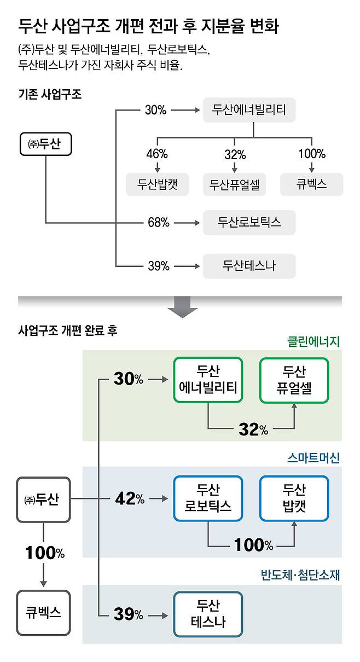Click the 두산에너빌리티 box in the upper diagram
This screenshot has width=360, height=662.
click(249, 110)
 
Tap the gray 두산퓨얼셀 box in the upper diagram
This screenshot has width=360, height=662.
click(235, 184)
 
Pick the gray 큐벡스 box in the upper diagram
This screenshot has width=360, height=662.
click(311, 184)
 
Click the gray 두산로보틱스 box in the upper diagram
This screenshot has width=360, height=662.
click(249, 222)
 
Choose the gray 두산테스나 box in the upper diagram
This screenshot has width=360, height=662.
click(249, 266)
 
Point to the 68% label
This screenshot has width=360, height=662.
click(158, 223)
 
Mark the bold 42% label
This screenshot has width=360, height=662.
click(129, 499)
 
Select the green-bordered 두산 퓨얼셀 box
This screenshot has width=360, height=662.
click(294, 380)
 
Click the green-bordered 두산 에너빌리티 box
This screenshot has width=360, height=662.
click(208, 380)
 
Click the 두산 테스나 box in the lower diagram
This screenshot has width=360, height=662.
click(208, 614)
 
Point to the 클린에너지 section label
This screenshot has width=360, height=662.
click(313, 341)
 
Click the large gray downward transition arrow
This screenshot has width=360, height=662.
click(182, 307)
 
